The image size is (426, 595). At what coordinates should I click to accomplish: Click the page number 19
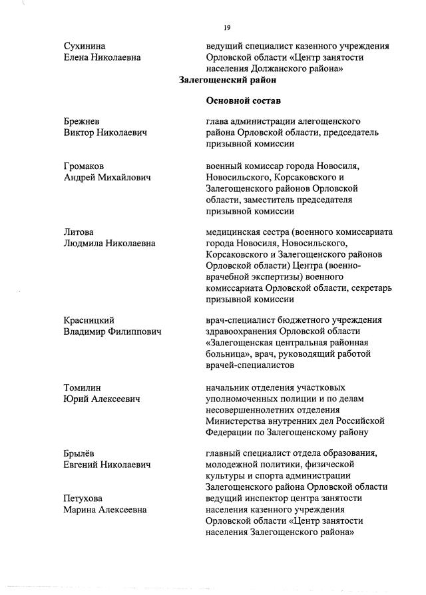click(x=227, y=27)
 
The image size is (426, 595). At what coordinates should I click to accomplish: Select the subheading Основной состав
click(x=239, y=101)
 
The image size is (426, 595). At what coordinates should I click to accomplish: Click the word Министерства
click(x=240, y=421)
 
